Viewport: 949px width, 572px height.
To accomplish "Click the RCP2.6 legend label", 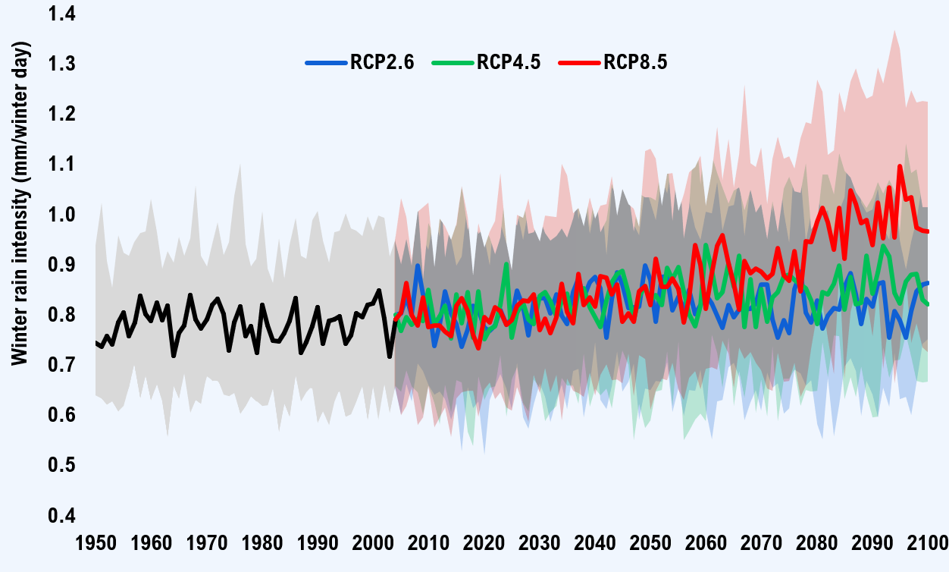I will [382, 63].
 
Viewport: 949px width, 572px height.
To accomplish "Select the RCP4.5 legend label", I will [509, 63].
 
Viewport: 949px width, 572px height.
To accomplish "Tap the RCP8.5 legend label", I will [635, 63].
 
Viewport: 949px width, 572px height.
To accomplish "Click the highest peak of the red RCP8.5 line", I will [900, 166].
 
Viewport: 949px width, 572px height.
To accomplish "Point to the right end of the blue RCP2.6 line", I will [928, 282].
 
